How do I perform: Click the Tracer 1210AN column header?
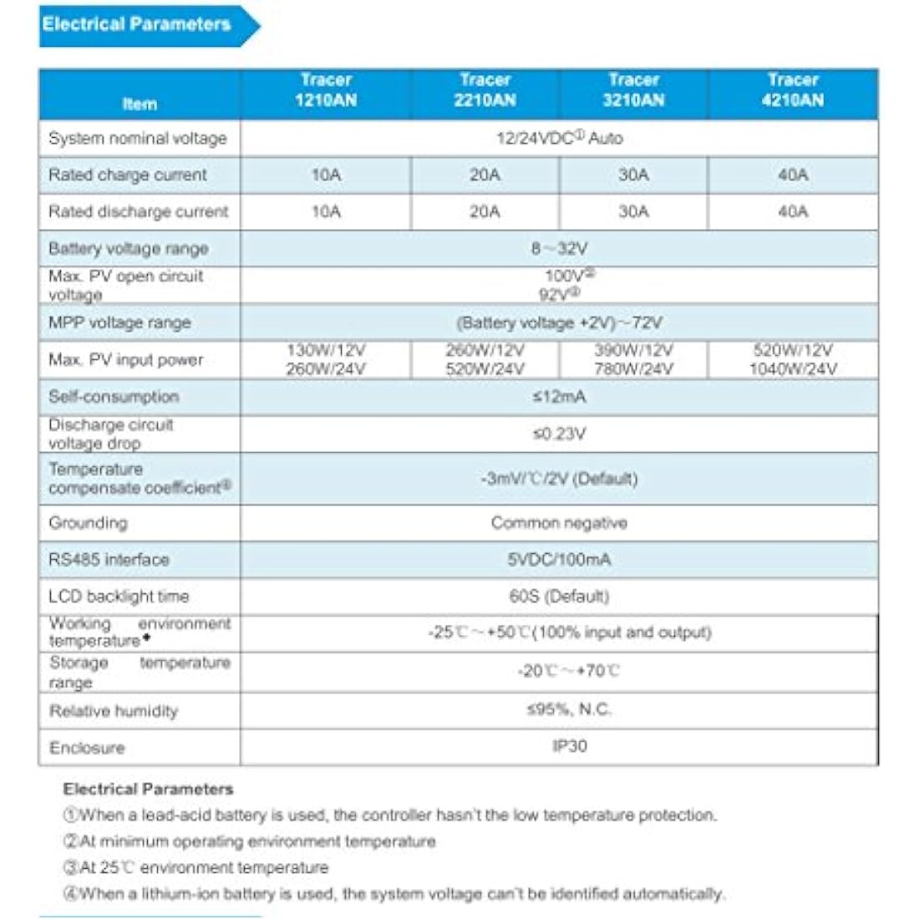pyautogui.click(x=326, y=90)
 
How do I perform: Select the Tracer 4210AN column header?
pyautogui.click(x=793, y=90)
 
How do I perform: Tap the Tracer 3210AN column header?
pyautogui.click(x=634, y=90)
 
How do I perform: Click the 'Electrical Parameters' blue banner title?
pyautogui.click(x=137, y=24)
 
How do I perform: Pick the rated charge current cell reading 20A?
pyautogui.click(x=485, y=175)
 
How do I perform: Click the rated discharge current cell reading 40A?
pyautogui.click(x=793, y=212)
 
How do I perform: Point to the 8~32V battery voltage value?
pyautogui.click(x=559, y=249)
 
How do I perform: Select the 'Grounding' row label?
pyautogui.click(x=89, y=523)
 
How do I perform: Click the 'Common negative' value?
pyautogui.click(x=559, y=523)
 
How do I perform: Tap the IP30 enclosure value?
pyautogui.click(x=570, y=746)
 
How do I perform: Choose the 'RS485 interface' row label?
pyautogui.click(x=109, y=560)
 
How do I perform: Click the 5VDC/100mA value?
pyautogui.click(x=559, y=560)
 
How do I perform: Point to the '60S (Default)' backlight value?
pyautogui.click(x=559, y=597)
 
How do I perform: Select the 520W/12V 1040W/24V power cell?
pyautogui.click(x=793, y=360)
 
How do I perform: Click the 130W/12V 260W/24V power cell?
pyautogui.click(x=326, y=360)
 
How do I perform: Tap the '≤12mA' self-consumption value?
pyautogui.click(x=559, y=397)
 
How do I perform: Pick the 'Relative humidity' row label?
pyautogui.click(x=114, y=711)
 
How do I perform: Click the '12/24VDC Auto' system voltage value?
pyautogui.click(x=559, y=139)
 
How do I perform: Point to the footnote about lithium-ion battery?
pyautogui.click(x=393, y=894)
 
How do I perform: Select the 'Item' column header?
pyautogui.click(x=140, y=104)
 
